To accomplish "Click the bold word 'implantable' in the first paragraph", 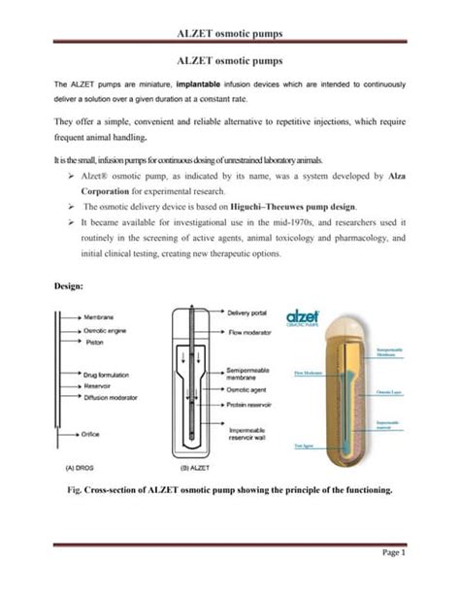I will pyautogui.click(x=206, y=85).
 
